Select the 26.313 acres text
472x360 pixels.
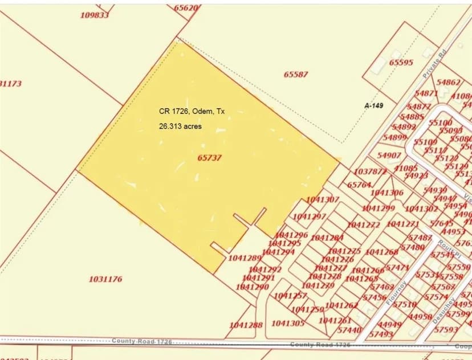(180, 126)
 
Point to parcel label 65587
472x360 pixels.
(295, 75)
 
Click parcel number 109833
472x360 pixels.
(94, 15)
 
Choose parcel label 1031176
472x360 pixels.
(105, 279)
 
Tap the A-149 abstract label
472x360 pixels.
(373, 105)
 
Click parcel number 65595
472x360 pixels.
(401, 63)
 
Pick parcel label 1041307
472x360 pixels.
(323, 199)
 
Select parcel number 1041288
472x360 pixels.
(246, 325)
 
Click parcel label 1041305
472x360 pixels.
(288, 324)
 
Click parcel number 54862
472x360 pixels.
(448, 83)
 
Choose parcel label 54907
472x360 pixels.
(389, 156)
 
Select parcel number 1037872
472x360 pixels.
(370, 171)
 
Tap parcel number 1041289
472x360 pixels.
(245, 258)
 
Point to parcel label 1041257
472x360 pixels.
(290, 296)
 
